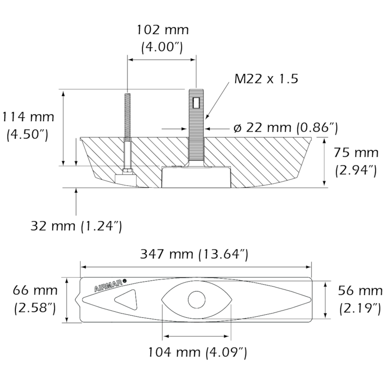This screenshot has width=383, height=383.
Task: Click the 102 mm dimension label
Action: tap(162, 30)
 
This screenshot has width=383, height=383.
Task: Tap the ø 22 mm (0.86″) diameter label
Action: tap(286, 127)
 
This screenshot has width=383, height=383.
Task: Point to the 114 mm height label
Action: tap(28, 117)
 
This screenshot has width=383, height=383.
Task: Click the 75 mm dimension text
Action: tap(356, 152)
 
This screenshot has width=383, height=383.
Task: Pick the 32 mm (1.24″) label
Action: tap(76, 226)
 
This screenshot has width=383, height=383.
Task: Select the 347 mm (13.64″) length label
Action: tap(194, 254)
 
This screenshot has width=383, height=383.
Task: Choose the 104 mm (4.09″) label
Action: tap(197, 352)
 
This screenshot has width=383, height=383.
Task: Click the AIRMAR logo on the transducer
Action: tap(109, 286)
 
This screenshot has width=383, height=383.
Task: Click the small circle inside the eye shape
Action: tap(196, 300)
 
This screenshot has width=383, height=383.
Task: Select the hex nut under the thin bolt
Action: tap(127, 171)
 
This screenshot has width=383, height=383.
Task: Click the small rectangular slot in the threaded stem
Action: tap(196, 103)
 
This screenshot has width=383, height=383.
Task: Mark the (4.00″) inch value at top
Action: tap(162, 47)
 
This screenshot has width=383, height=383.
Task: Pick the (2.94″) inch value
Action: tap(356, 170)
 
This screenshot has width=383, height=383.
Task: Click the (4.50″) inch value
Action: tap(28, 134)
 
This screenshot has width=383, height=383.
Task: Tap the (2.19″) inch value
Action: tap(360, 308)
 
